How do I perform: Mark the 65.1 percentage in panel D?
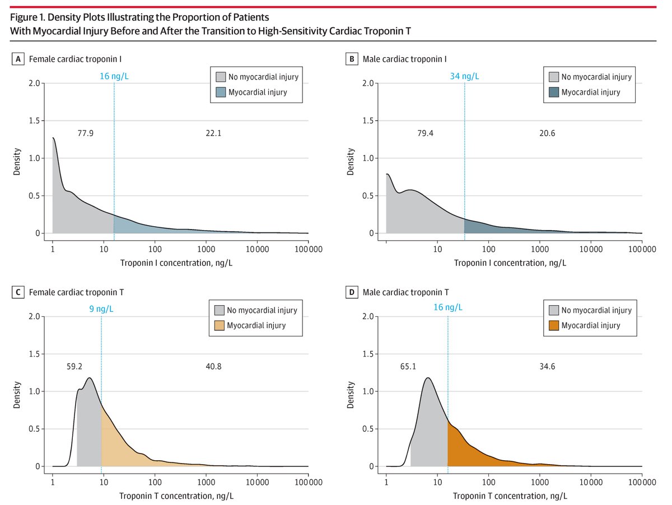[417, 367]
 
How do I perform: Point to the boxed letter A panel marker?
[17, 59]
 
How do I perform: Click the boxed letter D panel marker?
[351, 292]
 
